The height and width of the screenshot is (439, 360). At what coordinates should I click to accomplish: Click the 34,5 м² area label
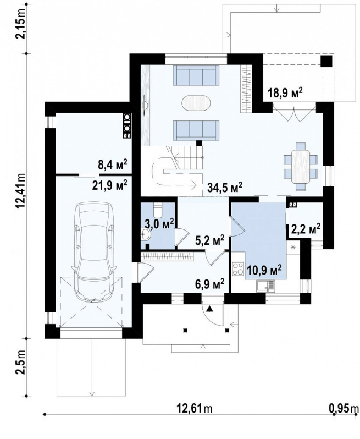[225, 187]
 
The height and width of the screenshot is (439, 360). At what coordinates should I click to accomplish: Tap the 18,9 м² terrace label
[285, 92]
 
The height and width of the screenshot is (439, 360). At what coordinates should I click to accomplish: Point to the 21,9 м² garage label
[110, 185]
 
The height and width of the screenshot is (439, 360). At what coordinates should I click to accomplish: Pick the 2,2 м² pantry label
[306, 229]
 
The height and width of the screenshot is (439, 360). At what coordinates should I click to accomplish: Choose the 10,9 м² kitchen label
[264, 271]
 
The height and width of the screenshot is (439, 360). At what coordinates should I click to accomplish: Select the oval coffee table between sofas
[196, 104]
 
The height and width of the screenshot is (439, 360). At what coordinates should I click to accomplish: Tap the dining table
[301, 166]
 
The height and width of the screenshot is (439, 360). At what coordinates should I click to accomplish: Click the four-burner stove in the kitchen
[238, 269]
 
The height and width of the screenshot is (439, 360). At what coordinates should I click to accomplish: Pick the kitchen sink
[265, 286]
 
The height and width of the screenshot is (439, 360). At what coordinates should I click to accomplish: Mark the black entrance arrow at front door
[209, 309]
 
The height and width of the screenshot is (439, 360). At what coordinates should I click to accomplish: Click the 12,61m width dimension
[195, 409]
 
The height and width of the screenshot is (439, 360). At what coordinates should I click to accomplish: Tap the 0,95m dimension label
[344, 409]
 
